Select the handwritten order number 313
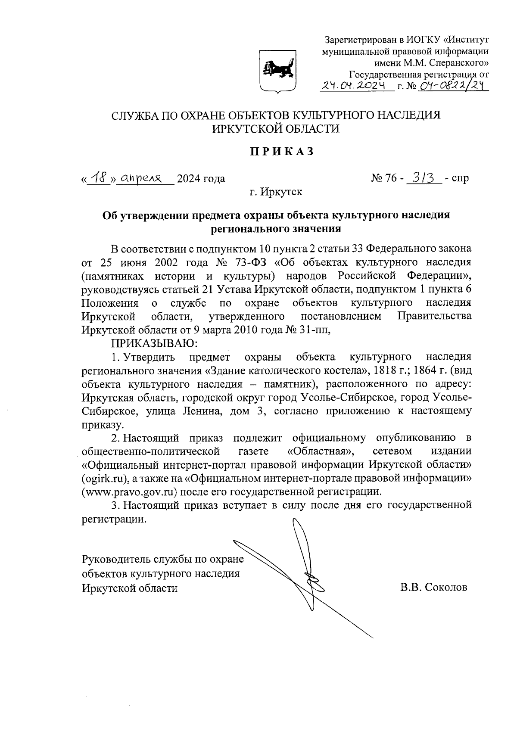(424, 177)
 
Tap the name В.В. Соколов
(433, 588)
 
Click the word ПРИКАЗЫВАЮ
(154, 343)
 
